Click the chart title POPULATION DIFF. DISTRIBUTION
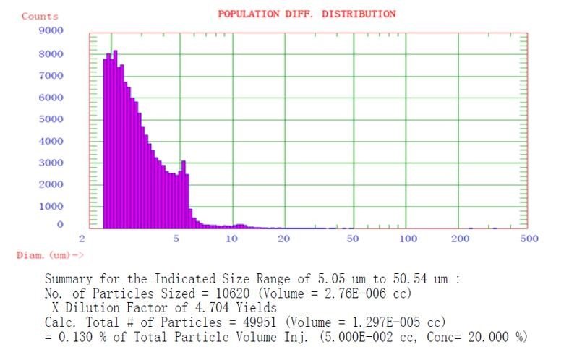pyautogui.click(x=307, y=14)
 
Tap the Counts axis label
pyautogui.click(x=40, y=16)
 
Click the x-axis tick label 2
pyautogui.click(x=83, y=239)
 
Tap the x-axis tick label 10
pyautogui.click(x=232, y=239)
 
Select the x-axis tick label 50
pyautogui.click(x=352, y=239)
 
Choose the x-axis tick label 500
pyautogui.click(x=530, y=239)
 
